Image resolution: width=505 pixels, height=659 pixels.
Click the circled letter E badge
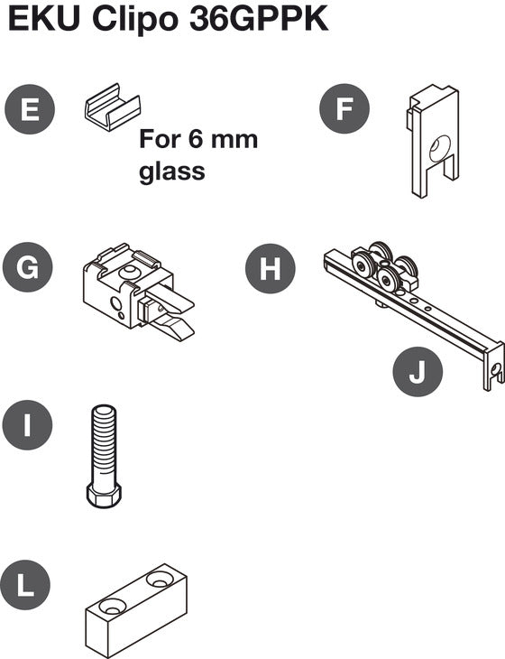click(x=30, y=109)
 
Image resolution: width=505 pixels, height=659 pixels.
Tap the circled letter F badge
click(x=344, y=108)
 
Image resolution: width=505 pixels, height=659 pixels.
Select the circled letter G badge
click(x=28, y=267)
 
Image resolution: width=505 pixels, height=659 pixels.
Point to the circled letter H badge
click(x=271, y=268)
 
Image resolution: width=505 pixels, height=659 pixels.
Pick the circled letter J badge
click(x=418, y=372)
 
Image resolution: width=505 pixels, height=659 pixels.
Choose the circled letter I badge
click(x=27, y=425)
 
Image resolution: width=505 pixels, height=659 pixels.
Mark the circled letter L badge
click(x=25, y=585)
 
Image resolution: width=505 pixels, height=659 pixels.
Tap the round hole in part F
click(x=439, y=148)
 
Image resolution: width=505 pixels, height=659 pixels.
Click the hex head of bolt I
click(x=104, y=495)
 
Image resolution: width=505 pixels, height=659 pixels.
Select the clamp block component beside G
click(x=139, y=292)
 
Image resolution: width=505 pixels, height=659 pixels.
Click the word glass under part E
click(x=172, y=171)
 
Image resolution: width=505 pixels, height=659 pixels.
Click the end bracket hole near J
click(x=495, y=369)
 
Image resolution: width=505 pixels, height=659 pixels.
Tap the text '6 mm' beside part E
click(x=223, y=139)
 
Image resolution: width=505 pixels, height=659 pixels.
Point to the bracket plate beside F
click(x=432, y=141)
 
